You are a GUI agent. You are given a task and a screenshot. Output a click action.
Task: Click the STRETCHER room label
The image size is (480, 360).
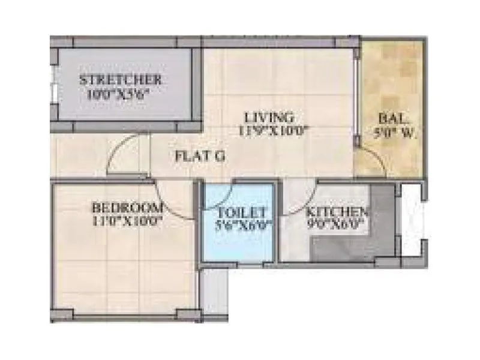pos(121,79)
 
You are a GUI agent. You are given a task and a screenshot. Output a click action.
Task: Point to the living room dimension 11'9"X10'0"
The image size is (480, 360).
pos(274,130)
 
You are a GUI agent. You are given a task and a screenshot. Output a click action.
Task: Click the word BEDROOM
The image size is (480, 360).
pos(127,208)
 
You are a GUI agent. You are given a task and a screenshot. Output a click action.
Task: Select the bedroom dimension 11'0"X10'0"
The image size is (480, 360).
pos(127,221)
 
